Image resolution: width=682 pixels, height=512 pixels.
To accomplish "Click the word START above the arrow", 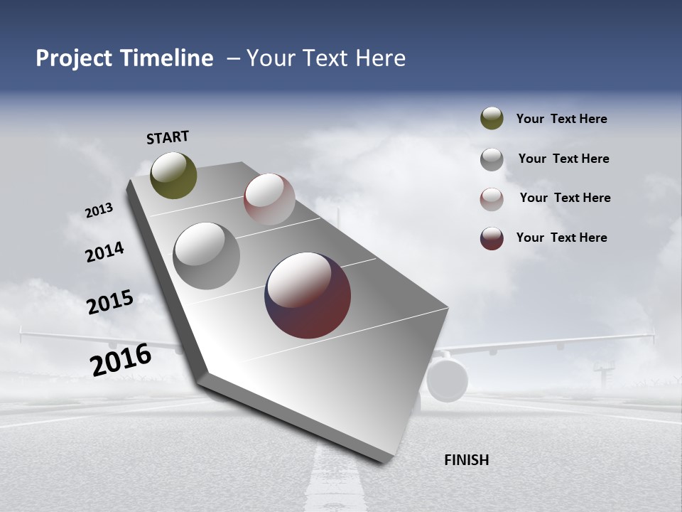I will coord(168,137).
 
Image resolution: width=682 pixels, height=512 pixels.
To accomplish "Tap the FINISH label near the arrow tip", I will coord(466,460).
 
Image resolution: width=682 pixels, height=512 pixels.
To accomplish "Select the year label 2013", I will coord(99,210).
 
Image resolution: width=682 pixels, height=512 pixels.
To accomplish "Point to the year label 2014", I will coord(104,252).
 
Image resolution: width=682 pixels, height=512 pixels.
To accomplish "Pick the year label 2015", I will coord(110,302).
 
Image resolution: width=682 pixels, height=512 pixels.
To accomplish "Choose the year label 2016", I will coord(121,360).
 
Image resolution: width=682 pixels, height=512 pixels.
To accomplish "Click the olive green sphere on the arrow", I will coord(173,175).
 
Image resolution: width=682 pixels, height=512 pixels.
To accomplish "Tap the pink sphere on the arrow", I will coord(269,199).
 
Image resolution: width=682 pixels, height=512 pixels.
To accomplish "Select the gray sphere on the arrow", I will coord(206,256).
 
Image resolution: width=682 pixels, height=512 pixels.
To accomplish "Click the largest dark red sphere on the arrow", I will coord(308,295).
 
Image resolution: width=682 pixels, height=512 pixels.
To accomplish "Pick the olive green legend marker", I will coord(492,119).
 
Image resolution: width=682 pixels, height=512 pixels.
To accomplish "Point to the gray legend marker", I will coord(492,159).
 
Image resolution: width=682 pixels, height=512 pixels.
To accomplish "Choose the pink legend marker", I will coord(492,199).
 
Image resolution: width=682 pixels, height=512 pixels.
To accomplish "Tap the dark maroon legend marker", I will coord(492,238).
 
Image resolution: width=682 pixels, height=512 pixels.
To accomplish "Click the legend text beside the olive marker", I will coord(561,119).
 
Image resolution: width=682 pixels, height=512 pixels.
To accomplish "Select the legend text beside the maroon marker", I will coord(561,238).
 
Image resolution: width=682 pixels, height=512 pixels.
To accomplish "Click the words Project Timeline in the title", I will coord(124,58).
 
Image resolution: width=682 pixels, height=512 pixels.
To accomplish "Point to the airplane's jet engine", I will coord(447,380).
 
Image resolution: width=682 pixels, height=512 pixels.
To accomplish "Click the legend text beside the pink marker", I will coord(565,198).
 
